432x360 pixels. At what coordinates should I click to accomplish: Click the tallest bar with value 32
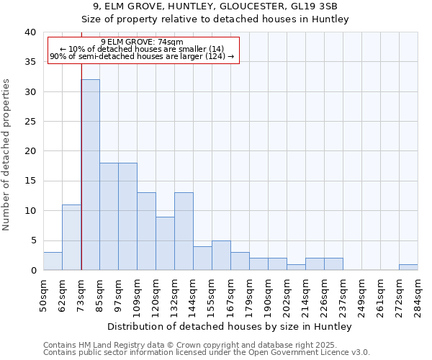[x=90, y=175]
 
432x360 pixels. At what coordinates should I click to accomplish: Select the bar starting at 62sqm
[x=71, y=238]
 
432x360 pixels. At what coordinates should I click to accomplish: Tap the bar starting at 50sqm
[x=53, y=261]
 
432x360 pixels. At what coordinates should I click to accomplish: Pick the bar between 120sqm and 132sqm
[x=165, y=243]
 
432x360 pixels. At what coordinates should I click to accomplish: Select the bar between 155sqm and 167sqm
[x=221, y=256]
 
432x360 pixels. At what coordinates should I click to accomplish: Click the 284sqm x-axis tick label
[x=418, y=295]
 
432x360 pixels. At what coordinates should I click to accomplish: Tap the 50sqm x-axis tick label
[x=44, y=295]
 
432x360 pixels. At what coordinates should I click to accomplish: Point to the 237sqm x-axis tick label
[x=343, y=295]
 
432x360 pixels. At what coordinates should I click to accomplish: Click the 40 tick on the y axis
[x=30, y=32]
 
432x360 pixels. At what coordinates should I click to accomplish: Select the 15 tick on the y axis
[x=30, y=181]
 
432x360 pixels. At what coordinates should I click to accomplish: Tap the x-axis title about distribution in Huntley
[x=230, y=326]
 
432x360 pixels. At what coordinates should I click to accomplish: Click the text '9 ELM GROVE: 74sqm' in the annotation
[x=143, y=42]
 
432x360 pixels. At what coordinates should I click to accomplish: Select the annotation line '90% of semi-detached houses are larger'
[x=143, y=56]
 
